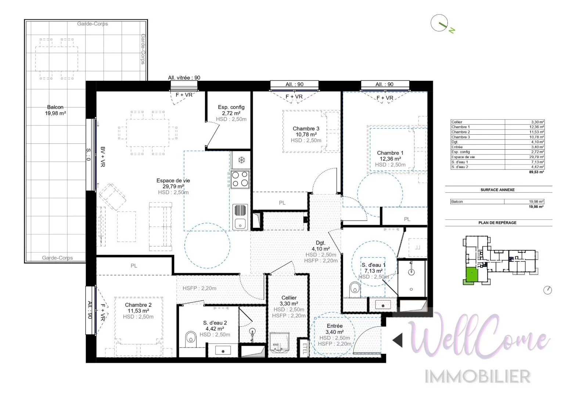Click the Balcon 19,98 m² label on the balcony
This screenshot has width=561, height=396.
coord(55,110)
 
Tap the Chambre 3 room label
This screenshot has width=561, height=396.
coord(306,131)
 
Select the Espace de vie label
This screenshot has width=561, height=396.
coord(173,184)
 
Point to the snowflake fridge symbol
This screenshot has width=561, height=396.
coord(241,160)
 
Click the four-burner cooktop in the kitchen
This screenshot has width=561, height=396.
coord(240,179)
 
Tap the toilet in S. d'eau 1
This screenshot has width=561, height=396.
coord(354,287)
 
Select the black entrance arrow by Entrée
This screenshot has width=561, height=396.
coord(398,340)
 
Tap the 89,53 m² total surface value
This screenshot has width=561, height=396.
coord(536,172)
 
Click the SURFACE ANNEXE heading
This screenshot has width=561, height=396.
coord(497,190)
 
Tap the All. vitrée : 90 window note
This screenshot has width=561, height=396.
coord(184,78)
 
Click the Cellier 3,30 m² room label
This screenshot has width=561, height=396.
coord(289,301)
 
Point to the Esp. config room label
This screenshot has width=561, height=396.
coord(231,110)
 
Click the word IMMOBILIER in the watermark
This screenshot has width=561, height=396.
coord(478,377)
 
